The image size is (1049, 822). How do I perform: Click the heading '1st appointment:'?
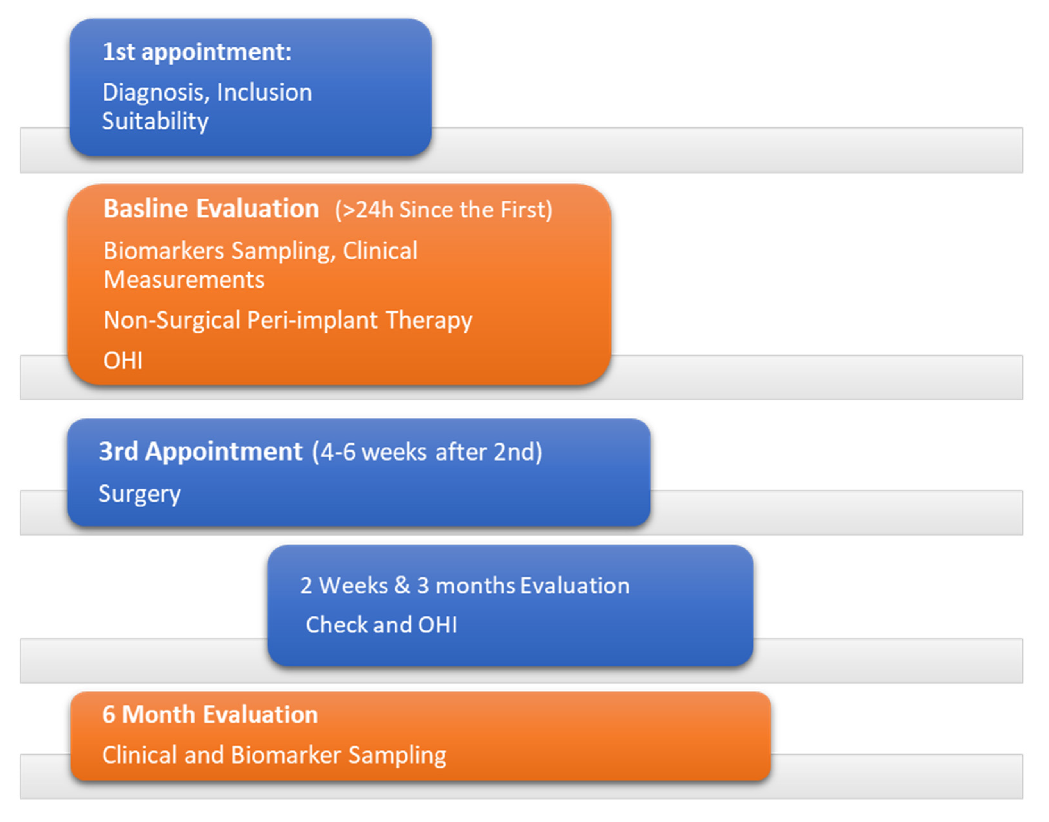click(197, 52)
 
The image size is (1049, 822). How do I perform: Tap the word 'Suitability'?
click(155, 121)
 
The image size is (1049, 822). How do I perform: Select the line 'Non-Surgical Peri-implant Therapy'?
click(288, 321)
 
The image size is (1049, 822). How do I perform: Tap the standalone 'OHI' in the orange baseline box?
click(123, 361)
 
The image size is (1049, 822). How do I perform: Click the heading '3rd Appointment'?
click(200, 452)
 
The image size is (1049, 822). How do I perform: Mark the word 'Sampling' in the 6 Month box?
click(398, 756)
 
